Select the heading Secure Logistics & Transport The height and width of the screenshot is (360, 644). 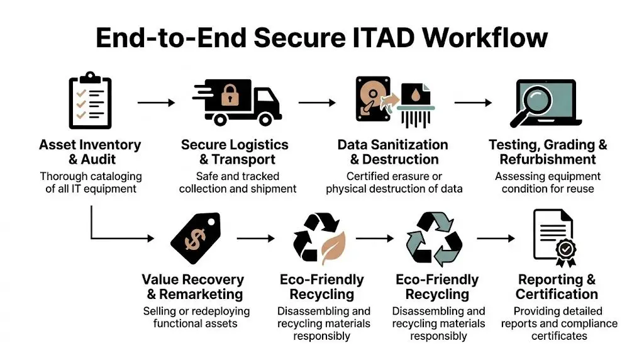click(235, 152)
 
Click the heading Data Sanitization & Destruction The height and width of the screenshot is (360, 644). click(393, 152)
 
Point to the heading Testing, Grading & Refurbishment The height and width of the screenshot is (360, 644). click(548, 152)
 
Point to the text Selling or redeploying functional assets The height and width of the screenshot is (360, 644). click(196, 317)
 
